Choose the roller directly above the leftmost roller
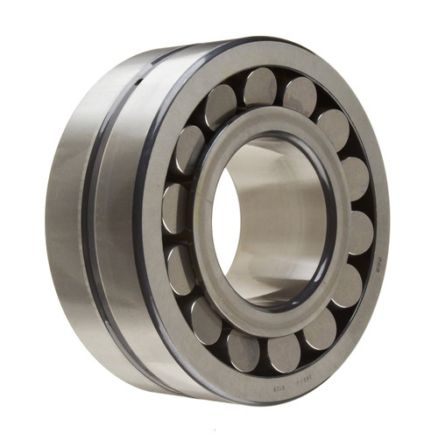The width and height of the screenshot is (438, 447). coord(190,150)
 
